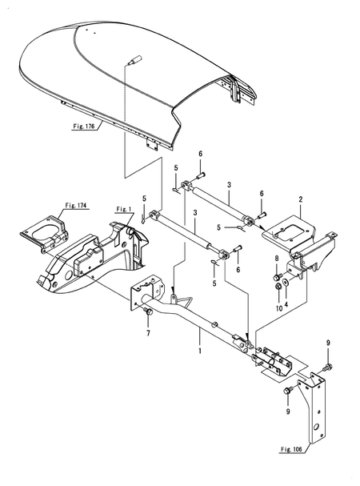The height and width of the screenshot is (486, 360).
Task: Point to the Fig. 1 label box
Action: (122, 210)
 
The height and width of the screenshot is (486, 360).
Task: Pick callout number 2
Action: (300, 199)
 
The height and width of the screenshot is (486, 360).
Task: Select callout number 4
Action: (286, 305)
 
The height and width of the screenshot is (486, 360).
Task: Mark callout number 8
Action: (277, 259)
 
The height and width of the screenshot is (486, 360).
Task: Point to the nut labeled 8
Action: (277, 277)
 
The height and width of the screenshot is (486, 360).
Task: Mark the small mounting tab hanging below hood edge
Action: (148, 142)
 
